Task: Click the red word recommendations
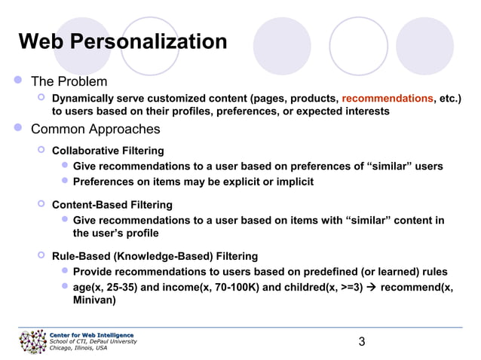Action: click(x=387, y=98)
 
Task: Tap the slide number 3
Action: click(x=362, y=343)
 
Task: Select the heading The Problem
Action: click(x=69, y=81)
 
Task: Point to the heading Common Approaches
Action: click(x=95, y=129)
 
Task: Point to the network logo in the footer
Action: click(x=32, y=343)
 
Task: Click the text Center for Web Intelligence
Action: click(x=91, y=334)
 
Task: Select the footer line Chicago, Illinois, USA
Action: click(x=78, y=348)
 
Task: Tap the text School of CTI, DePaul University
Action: click(x=93, y=341)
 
